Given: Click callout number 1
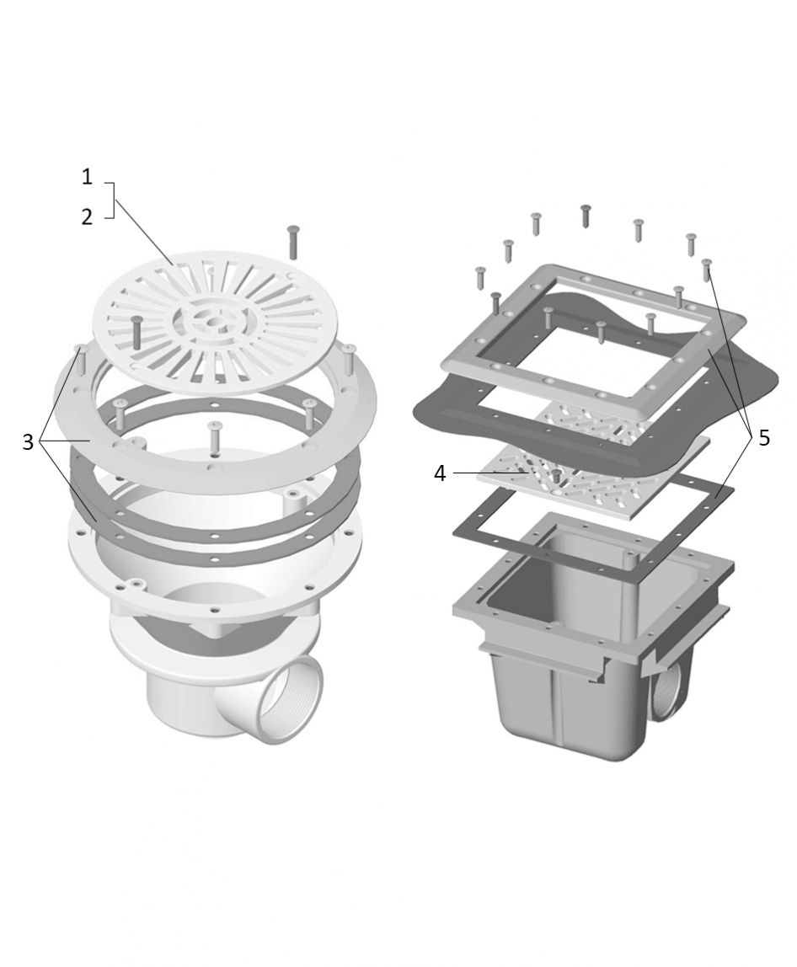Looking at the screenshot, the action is pyautogui.click(x=87, y=178).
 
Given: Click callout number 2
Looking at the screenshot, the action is pyautogui.click(x=87, y=216).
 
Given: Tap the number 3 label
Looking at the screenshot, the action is pyautogui.click(x=28, y=441).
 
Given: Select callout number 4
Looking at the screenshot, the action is pyautogui.click(x=439, y=473).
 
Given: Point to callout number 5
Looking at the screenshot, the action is pyautogui.click(x=764, y=438).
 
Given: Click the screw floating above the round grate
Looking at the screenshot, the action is pyautogui.click(x=293, y=243).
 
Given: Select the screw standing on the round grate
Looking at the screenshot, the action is pyautogui.click(x=136, y=333).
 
